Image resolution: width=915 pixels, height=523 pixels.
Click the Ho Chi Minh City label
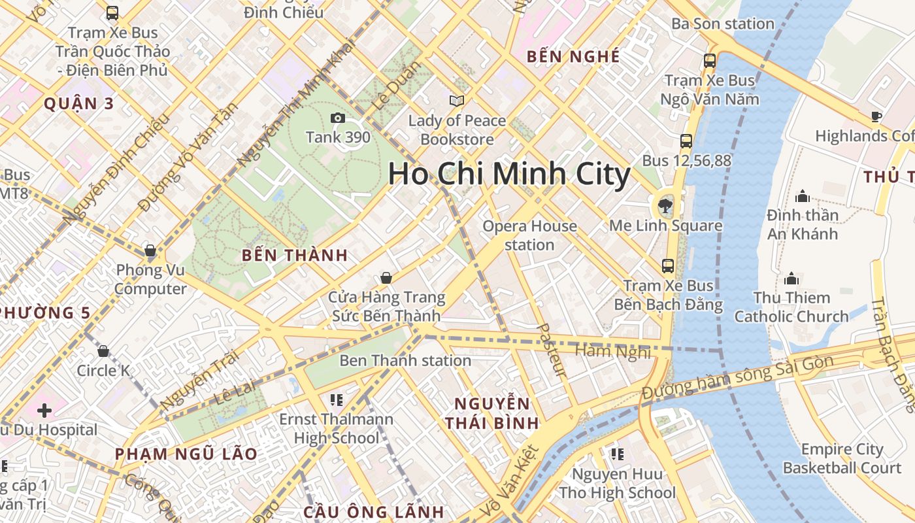(x=508, y=175)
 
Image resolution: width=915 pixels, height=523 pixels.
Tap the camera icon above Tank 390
(x=338, y=118)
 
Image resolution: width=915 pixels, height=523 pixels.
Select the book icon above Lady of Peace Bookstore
(x=456, y=101)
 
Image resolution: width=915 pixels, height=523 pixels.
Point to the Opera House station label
(x=529, y=235)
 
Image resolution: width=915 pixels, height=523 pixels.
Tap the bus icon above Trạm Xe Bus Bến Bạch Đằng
(x=668, y=265)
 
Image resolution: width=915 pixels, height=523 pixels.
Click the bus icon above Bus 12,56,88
(x=686, y=141)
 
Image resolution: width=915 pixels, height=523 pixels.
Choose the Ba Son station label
(x=723, y=24)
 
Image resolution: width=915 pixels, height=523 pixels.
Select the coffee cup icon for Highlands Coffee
(x=876, y=117)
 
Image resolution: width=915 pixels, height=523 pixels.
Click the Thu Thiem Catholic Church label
(x=791, y=307)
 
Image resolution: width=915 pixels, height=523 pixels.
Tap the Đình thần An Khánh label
(x=803, y=224)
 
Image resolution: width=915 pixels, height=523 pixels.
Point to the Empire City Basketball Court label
(x=842, y=459)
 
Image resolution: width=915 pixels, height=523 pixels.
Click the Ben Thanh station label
(x=405, y=360)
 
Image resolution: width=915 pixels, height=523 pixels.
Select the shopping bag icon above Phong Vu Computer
(x=150, y=250)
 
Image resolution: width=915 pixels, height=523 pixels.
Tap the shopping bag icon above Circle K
(x=103, y=351)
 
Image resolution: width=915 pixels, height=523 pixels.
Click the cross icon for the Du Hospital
(x=44, y=411)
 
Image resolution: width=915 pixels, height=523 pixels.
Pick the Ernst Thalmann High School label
(x=337, y=428)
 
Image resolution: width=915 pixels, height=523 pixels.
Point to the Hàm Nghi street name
(x=612, y=352)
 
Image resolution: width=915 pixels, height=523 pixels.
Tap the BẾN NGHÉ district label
(x=573, y=57)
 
